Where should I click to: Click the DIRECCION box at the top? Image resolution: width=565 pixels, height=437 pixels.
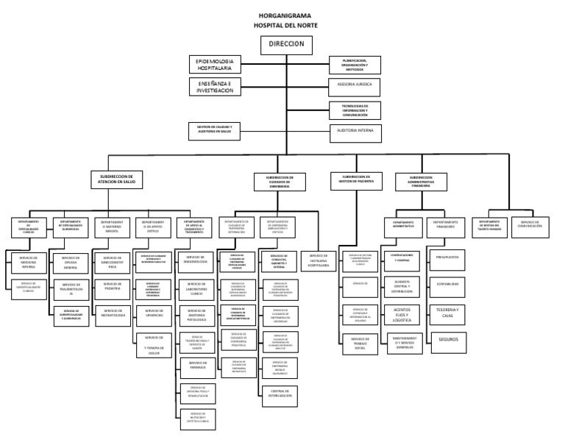pyautogui.click(x=286, y=44)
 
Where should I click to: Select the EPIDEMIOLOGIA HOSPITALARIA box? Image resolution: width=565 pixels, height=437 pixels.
pyautogui.click(x=215, y=64)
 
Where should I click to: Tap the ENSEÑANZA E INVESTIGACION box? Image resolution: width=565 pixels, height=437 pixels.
pyautogui.click(x=215, y=87)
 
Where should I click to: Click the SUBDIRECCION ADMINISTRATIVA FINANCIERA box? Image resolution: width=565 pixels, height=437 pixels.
pyautogui.click(x=420, y=181)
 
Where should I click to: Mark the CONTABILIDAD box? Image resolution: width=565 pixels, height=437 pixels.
pyautogui.click(x=448, y=283)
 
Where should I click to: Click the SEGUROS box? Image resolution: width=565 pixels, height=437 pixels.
pyautogui.click(x=448, y=340)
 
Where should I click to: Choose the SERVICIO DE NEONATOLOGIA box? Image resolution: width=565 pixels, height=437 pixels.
pyautogui.click(x=113, y=312)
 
